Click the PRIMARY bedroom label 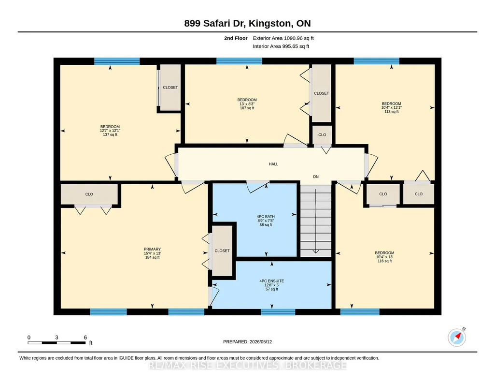point(152,249)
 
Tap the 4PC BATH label point(266,217)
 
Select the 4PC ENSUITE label point(271,281)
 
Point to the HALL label point(273,164)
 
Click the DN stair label point(316,177)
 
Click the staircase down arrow point(316,221)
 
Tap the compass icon point(457,337)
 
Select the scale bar point(57,342)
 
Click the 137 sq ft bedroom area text point(110,134)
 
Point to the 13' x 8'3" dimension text point(247,104)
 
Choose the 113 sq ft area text point(392,112)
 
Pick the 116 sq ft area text point(384,261)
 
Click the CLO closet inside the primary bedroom point(89,194)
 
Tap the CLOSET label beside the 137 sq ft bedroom point(170,88)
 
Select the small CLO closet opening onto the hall point(322,135)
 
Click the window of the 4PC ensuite point(278,312)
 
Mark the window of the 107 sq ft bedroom point(239,61)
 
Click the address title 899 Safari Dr point(215,23)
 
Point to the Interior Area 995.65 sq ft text point(281,46)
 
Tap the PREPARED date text point(247,341)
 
